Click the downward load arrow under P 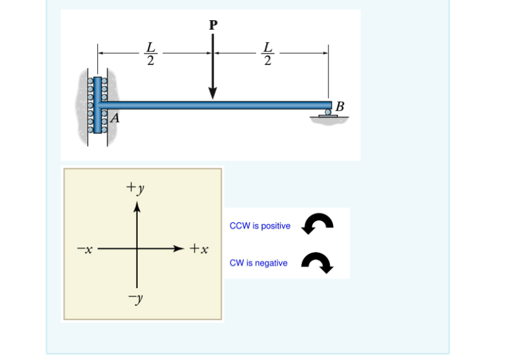point(213,69)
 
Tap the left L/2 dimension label point(150,54)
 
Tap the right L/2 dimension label point(268,54)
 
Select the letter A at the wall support point(116,118)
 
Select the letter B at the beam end point(340,105)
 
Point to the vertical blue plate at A point(97,104)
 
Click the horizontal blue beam point(215,105)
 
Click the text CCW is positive point(260,226)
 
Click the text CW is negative point(258,263)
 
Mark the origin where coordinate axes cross point(136,249)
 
